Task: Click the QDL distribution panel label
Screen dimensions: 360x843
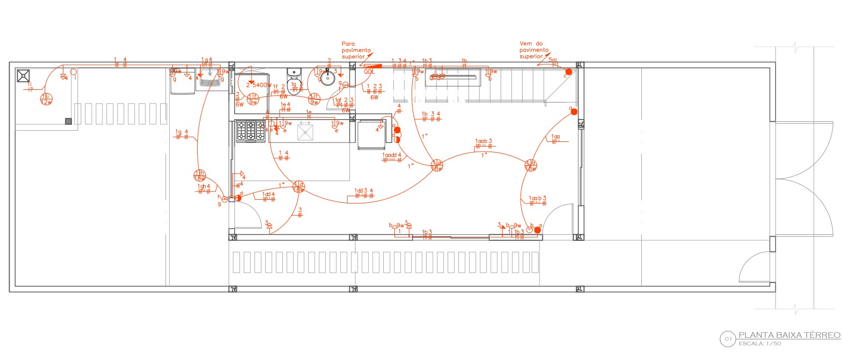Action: (x=369, y=72)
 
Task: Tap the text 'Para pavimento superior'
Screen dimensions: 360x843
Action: (x=356, y=50)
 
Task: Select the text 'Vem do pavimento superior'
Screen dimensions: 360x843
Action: (x=534, y=50)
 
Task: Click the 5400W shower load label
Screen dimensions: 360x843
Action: (x=259, y=85)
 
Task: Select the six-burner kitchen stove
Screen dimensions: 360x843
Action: (x=250, y=131)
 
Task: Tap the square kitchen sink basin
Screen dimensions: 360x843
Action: (x=306, y=132)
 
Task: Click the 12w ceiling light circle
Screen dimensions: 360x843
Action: (x=46, y=99)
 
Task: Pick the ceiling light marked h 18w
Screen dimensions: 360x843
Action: (x=200, y=176)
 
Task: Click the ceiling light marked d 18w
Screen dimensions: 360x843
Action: (x=299, y=187)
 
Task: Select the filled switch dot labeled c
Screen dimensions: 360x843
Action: (x=569, y=72)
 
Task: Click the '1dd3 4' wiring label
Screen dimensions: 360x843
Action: (x=363, y=191)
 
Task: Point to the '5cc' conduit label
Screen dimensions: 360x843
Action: (x=553, y=60)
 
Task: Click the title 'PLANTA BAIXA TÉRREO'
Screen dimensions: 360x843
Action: (x=789, y=335)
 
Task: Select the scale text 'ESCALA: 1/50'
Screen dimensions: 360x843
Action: (x=759, y=344)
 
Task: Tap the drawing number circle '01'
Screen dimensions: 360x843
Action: (x=727, y=339)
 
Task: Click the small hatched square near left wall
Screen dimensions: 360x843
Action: (x=68, y=121)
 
